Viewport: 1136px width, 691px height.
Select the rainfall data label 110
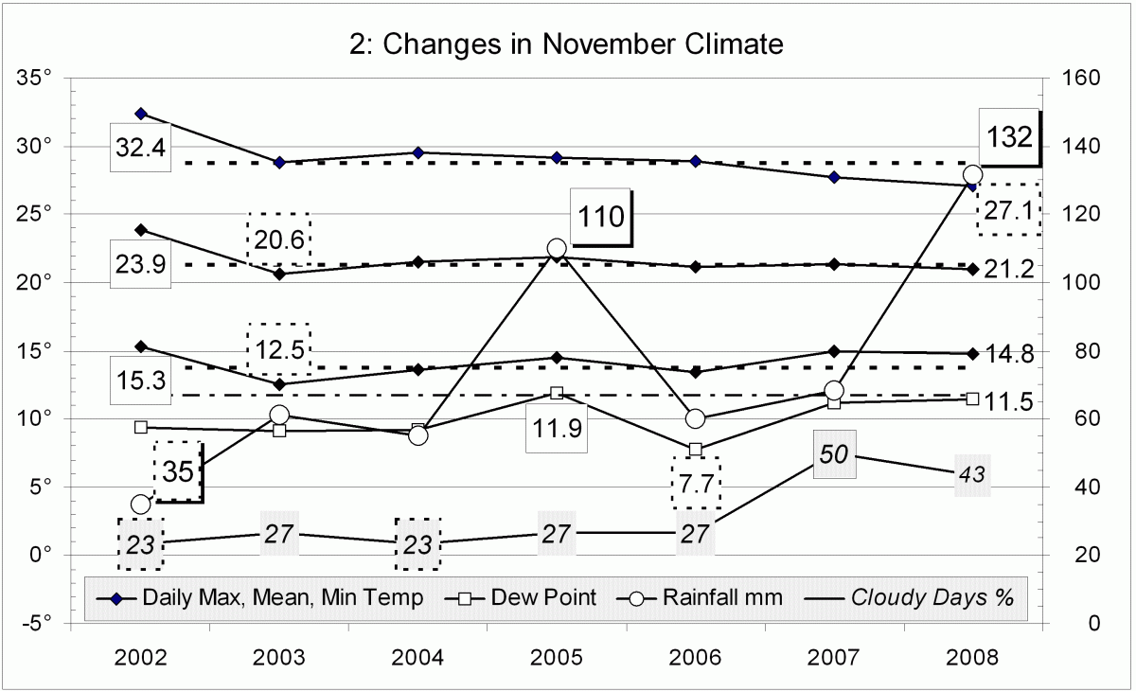click(x=601, y=217)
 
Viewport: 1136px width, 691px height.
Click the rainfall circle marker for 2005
click(x=557, y=249)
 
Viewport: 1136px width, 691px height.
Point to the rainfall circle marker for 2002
click(x=141, y=505)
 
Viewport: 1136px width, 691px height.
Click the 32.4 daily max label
click(x=141, y=148)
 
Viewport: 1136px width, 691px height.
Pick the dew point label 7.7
click(x=695, y=483)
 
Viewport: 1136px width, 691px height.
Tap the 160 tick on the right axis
click(x=1080, y=79)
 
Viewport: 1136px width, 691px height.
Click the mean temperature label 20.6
click(x=279, y=239)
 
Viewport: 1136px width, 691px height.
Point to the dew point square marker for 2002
click(x=141, y=427)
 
